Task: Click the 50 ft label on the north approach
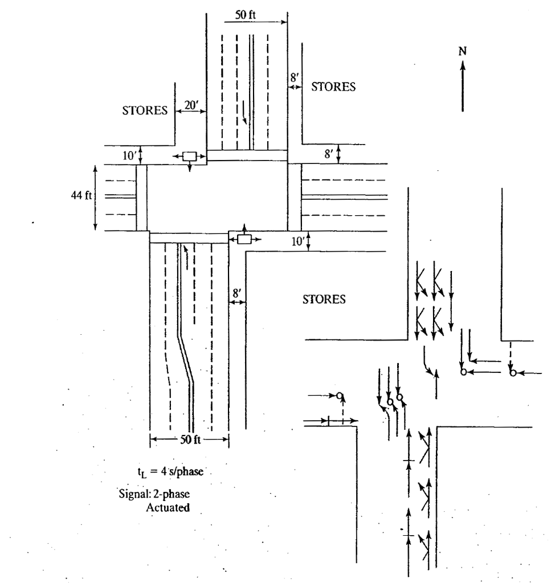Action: [247, 15]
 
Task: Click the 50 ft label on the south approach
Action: [189, 440]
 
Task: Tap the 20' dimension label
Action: [189, 105]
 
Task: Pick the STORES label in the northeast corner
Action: [333, 87]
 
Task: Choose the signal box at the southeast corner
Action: [244, 239]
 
